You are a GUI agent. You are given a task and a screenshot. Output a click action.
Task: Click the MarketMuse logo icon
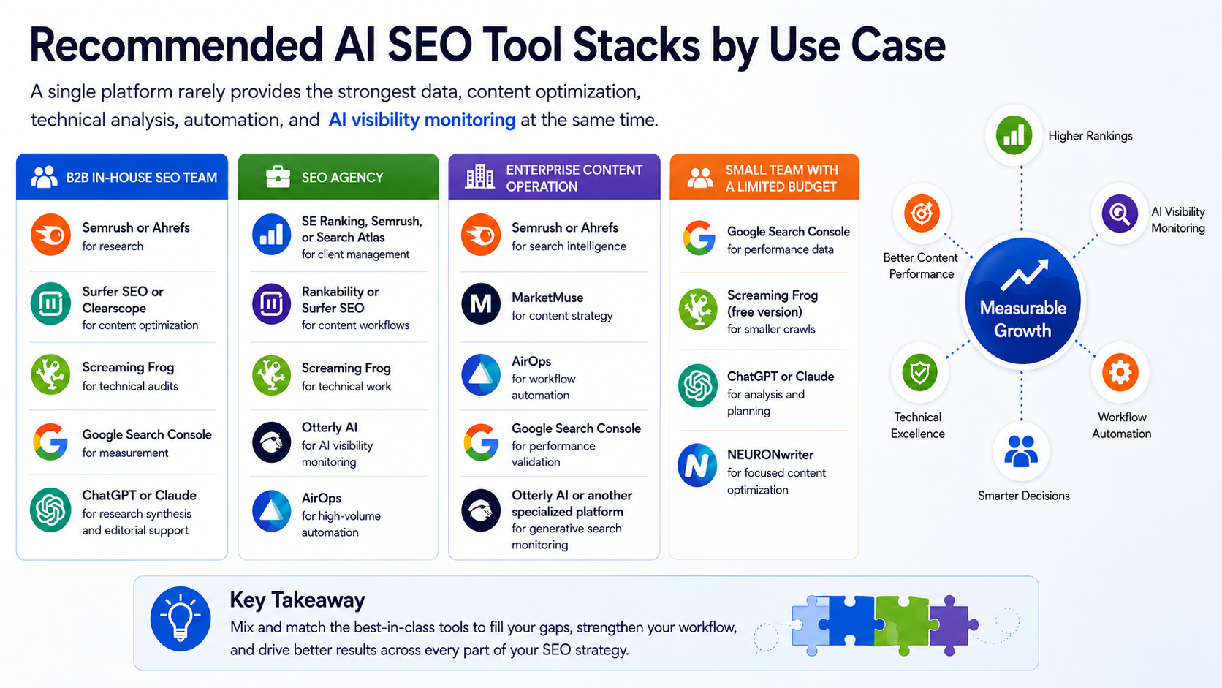[x=481, y=304]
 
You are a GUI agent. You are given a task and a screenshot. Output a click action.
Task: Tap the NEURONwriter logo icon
[x=697, y=465]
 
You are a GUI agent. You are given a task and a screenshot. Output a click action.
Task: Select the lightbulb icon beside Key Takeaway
[x=181, y=619]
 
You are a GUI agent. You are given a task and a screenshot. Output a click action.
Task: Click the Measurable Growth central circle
[x=1023, y=300]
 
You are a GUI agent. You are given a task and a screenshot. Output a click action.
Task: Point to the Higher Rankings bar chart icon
[x=1014, y=135]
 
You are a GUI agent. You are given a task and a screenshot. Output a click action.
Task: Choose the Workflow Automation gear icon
[x=1120, y=373]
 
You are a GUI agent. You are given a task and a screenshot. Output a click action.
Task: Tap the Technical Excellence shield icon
[x=919, y=373]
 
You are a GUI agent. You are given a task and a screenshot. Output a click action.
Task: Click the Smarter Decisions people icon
[x=1021, y=451]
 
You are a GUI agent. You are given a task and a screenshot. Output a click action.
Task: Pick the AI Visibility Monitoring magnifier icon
[x=1120, y=213]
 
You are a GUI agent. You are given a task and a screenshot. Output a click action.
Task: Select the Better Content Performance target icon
[x=922, y=213]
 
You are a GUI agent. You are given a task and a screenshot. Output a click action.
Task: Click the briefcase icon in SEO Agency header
[x=278, y=177]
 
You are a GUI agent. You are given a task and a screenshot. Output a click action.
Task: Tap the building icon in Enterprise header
[x=479, y=177]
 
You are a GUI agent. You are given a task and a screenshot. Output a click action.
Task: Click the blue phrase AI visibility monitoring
[x=422, y=120]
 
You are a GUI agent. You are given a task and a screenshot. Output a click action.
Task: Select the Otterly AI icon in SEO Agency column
[x=271, y=442]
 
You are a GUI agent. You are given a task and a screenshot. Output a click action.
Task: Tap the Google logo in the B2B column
[x=50, y=442]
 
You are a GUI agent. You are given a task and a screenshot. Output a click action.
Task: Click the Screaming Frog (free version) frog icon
[x=698, y=309]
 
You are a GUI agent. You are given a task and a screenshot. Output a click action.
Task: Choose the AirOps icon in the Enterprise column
[x=481, y=375]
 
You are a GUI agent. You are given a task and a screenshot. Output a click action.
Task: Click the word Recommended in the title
[x=175, y=45]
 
